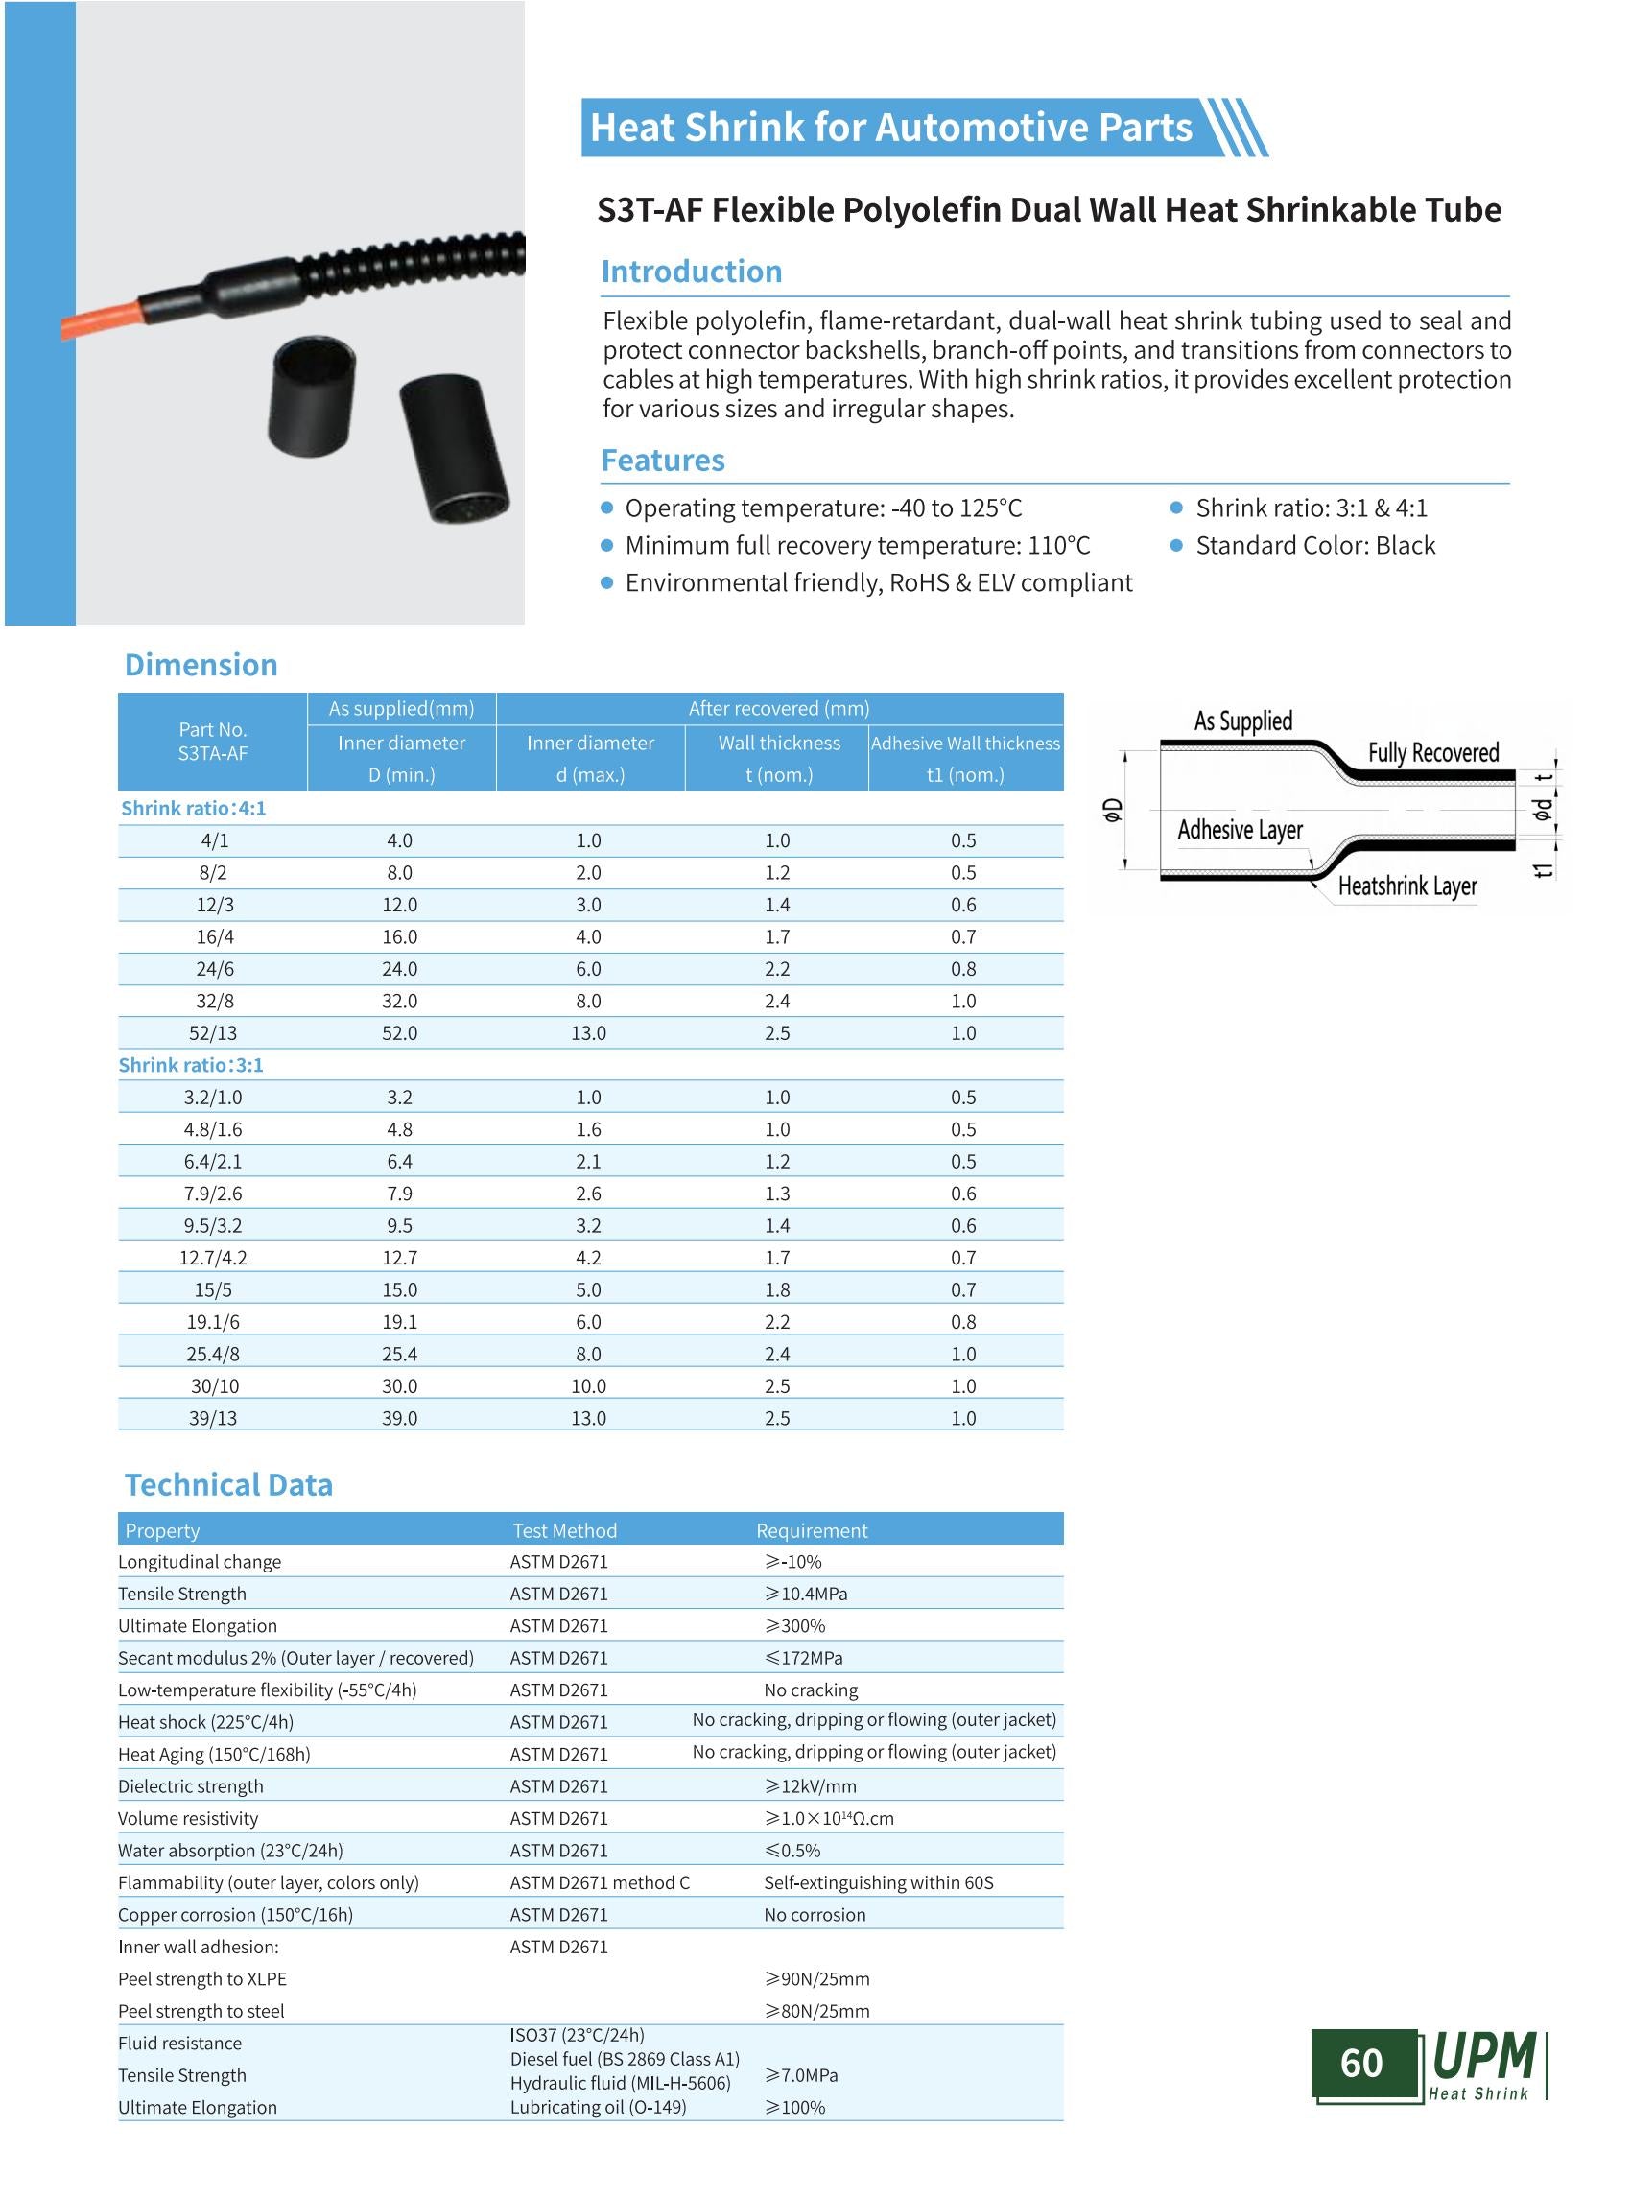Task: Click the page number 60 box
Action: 1361,2063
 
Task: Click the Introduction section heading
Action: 691,272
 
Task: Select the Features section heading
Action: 662,461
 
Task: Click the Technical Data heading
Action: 228,1485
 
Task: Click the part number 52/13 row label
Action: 213,1033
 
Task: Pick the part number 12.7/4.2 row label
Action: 213,1257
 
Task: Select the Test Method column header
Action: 564,1530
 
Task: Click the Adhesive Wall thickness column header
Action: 964,744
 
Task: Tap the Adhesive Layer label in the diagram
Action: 1239,830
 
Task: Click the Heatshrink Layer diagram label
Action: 1406,886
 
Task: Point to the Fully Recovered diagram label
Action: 1432,752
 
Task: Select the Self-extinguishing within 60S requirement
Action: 878,1882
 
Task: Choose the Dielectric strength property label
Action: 191,1786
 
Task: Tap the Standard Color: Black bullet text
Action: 1315,545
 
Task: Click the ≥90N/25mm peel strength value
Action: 816,1979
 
